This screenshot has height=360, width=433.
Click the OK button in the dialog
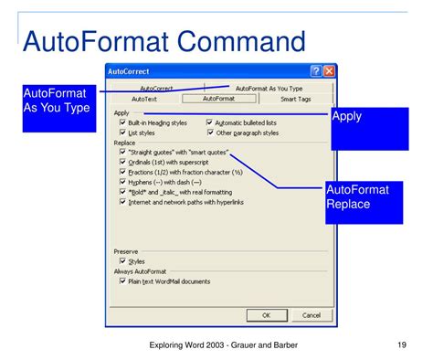point(267,315)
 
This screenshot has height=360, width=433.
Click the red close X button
point(329,70)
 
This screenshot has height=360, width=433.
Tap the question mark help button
point(316,70)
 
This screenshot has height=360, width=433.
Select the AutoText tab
point(144,99)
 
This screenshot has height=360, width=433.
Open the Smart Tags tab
point(296,99)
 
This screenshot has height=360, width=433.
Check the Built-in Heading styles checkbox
point(122,122)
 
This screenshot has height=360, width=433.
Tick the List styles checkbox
point(122,132)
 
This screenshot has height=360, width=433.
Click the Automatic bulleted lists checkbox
point(210,122)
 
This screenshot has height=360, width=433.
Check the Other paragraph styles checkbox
point(210,132)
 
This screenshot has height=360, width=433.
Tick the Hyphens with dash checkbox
point(122,182)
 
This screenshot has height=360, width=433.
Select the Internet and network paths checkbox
point(122,202)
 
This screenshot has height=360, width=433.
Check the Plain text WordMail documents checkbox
point(122,281)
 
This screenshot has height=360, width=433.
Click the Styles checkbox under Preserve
point(122,260)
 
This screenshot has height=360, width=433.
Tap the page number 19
point(401,344)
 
